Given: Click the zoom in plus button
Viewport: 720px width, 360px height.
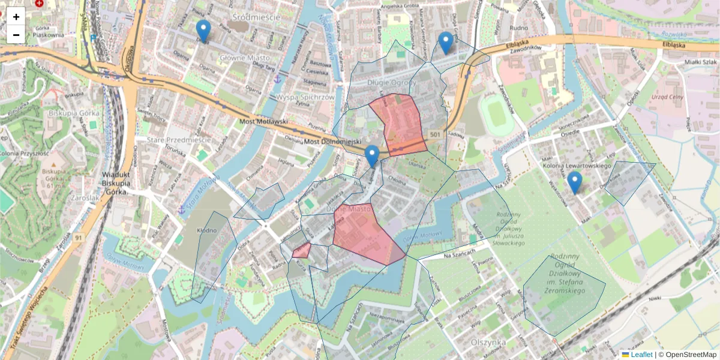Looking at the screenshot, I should pyautogui.click(x=16, y=17).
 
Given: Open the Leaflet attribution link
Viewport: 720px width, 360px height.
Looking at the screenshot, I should pyautogui.click(x=641, y=355).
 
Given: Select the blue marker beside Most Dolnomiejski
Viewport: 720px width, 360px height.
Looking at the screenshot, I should pyautogui.click(x=372, y=156).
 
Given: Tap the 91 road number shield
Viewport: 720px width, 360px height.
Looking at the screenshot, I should pyautogui.click(x=79, y=238).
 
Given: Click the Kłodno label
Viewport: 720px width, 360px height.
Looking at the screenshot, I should pyautogui.click(x=206, y=230).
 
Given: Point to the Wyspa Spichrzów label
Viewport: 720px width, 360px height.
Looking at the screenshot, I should pyautogui.click(x=305, y=97).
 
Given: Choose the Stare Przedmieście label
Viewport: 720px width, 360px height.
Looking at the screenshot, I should pyautogui.click(x=179, y=140).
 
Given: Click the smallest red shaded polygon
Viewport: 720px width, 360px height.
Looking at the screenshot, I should pyautogui.click(x=301, y=250).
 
